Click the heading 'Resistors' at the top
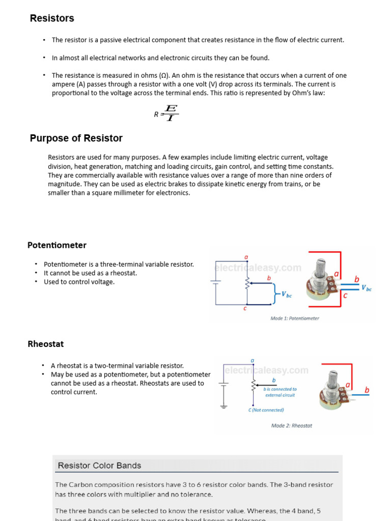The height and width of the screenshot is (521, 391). (x=52, y=18)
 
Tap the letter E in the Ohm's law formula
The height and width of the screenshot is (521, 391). (x=171, y=108)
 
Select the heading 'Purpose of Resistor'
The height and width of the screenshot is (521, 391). (x=76, y=138)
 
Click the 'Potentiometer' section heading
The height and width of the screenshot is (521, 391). (x=57, y=245)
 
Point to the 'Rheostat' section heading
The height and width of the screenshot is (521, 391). (x=46, y=344)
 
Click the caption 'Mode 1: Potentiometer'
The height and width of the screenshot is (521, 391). (x=295, y=319)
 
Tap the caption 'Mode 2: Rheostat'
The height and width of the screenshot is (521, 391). (x=292, y=425)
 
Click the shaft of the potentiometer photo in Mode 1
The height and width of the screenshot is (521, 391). (x=321, y=267)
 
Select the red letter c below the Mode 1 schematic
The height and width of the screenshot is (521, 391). (x=245, y=308)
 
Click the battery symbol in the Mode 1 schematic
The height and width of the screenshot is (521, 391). (x=216, y=281)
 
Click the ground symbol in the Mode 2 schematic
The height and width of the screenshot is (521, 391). (x=222, y=406)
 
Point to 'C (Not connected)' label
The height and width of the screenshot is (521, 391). (x=266, y=410)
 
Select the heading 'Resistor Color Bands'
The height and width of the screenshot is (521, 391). (x=99, y=466)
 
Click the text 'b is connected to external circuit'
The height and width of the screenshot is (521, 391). (x=280, y=392)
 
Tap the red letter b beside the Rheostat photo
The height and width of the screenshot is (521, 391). (x=367, y=390)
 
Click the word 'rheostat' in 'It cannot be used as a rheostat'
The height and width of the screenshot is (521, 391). (x=125, y=273)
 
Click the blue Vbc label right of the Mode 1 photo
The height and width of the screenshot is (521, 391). (x=366, y=288)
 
